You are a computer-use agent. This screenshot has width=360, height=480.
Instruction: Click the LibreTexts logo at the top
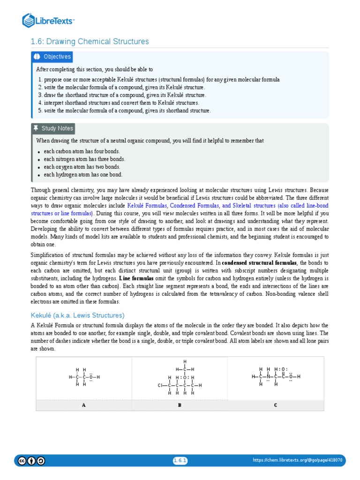(49, 20)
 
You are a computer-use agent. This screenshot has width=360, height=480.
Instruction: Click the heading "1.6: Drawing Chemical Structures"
(90, 42)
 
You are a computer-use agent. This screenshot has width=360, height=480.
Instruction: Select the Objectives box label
(57, 57)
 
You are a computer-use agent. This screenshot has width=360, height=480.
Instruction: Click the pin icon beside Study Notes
(36, 128)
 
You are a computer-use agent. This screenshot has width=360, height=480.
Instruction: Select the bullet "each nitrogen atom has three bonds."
(84, 159)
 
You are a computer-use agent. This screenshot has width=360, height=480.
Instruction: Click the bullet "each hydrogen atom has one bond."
(83, 175)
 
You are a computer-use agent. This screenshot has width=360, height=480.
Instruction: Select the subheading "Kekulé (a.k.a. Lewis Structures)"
(78, 315)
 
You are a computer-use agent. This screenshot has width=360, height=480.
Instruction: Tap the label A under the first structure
(84, 405)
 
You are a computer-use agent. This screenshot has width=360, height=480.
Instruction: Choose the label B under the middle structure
(180, 405)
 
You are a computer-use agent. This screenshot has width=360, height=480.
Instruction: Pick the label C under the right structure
(276, 405)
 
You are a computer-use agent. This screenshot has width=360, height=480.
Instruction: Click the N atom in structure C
(268, 376)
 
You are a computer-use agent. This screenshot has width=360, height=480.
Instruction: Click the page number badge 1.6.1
(180, 461)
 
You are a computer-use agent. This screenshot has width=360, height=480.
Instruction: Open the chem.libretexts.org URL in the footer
(297, 460)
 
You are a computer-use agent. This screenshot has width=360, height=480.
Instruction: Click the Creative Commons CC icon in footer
(22, 461)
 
